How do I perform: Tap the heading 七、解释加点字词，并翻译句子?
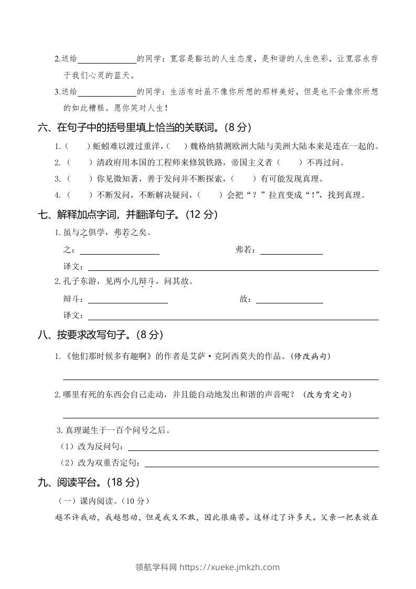coord(128,214)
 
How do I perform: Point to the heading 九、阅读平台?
coord(89,482)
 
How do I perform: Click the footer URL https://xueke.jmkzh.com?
coord(230,567)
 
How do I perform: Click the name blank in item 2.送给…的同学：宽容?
coord(107,59)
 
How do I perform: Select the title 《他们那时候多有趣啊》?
coord(109,356)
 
